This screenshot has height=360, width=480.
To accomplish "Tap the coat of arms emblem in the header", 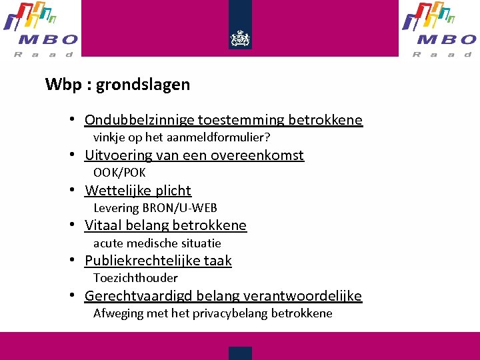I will [x=240, y=39].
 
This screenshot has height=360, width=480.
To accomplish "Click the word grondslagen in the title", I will [x=143, y=85].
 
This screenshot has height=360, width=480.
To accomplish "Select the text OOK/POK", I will [x=119, y=173].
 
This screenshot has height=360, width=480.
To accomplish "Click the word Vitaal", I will [x=103, y=225].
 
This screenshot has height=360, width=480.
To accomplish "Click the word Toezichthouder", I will [x=135, y=278].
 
